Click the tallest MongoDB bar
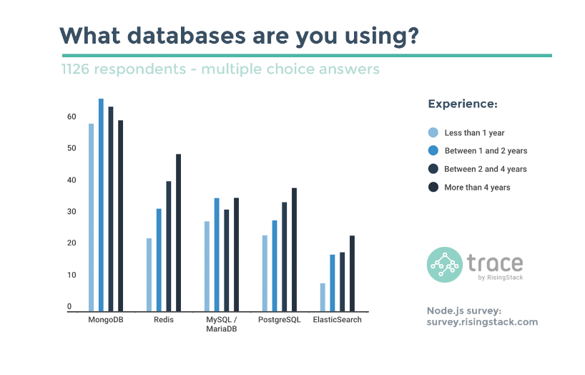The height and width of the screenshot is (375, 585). coord(101,205)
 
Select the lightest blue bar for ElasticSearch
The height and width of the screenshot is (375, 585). coord(323,297)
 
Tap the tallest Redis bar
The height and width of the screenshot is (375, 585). coord(178,233)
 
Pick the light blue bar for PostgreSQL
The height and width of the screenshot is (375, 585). coord(265,273)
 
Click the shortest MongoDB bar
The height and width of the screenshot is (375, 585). coord(91,218)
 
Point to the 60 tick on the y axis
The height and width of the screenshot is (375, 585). coord(72,117)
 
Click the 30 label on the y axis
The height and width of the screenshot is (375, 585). coord(72,211)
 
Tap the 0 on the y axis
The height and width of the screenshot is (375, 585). coord(69,306)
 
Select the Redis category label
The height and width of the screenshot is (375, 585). coord(164,320)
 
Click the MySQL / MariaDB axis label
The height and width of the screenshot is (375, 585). coord(222,324)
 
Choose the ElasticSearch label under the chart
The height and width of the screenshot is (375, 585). coord(338,320)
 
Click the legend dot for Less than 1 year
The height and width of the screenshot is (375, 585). coord(433,132)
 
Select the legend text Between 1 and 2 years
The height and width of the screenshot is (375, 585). coord(486,151)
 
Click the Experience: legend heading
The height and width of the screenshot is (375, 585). coord(463,104)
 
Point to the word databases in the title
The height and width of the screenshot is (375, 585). coord(186,36)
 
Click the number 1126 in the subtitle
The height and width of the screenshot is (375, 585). coord(75,69)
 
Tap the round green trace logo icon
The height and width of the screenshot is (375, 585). coord(445,265)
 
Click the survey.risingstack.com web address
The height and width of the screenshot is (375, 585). coord(483,322)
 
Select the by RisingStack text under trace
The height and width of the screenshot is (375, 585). coord(501,278)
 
